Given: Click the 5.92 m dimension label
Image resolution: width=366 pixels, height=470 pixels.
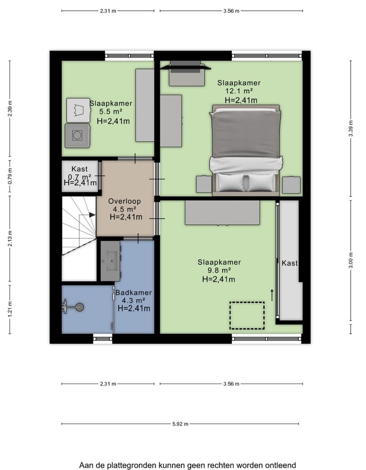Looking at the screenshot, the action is [180, 424].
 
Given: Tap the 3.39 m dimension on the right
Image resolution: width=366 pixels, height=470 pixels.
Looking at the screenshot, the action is [350, 128].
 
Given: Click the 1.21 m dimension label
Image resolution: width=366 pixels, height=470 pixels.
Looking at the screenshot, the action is [10, 308].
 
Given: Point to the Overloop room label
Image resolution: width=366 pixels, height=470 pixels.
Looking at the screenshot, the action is [125, 201].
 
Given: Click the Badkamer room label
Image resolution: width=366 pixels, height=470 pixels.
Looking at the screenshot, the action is [134, 293].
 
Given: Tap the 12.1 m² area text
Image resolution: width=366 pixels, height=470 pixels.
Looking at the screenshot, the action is [239, 91].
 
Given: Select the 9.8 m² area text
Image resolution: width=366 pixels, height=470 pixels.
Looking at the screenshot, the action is [219, 270].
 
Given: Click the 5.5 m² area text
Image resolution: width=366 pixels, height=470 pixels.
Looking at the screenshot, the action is [111, 111].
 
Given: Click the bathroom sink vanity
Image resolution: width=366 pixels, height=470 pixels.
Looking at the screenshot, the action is [110, 261].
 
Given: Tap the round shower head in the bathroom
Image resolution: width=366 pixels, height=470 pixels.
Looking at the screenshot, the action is [79, 307].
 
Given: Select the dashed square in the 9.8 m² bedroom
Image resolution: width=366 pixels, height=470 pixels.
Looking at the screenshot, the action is [247, 316].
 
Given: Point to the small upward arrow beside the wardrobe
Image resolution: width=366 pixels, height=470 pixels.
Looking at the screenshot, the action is [272, 295].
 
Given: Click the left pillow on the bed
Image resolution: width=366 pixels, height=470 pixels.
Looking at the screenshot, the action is [230, 182].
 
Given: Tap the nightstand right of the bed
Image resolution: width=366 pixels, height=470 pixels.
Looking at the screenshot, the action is [291, 185].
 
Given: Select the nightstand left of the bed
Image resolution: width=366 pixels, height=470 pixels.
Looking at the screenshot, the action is [204, 184].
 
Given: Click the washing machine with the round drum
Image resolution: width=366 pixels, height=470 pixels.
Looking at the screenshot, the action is [77, 136].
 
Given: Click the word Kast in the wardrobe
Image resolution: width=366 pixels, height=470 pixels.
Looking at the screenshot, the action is [290, 263].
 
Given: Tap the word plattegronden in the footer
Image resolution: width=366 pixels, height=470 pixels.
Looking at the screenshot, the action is [132, 465].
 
